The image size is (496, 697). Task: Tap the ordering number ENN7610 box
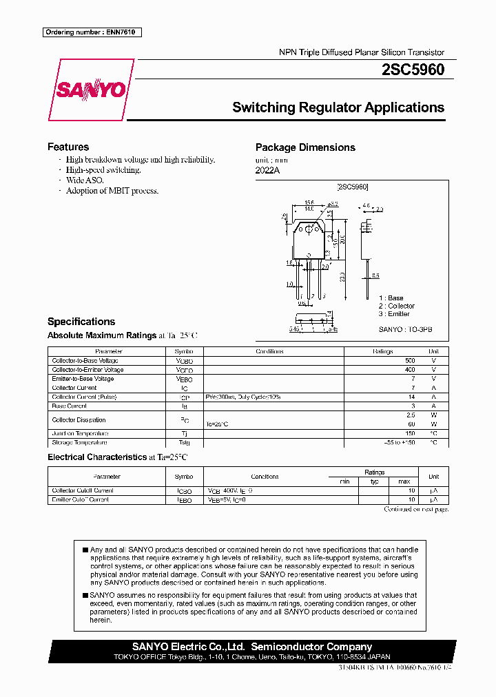92,32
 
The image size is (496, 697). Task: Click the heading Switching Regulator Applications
338,107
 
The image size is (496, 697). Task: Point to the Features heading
68,147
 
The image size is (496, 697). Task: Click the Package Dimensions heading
305,147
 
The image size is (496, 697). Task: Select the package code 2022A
268,171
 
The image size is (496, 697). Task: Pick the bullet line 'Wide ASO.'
85,180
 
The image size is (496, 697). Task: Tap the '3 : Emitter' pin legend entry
394,314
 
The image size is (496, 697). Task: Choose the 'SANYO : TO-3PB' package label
405,329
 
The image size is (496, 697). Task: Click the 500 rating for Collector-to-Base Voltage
410,361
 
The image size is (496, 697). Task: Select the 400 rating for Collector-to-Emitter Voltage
410,370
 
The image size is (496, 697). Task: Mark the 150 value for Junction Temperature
410,433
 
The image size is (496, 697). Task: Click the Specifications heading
81,322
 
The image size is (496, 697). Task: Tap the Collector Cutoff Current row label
83,490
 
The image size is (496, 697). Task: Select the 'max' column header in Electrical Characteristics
404,481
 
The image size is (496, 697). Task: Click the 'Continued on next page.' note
416,510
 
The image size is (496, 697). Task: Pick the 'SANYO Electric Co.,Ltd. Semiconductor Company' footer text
252,647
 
